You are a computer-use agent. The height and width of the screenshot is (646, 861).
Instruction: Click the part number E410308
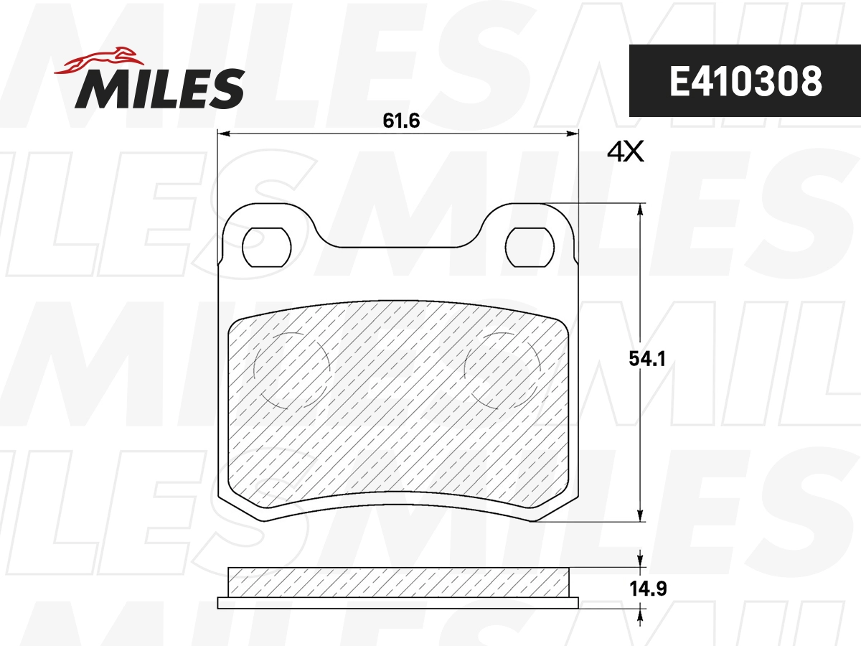pos(745,81)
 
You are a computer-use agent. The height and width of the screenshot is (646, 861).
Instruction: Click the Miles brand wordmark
pos(160,88)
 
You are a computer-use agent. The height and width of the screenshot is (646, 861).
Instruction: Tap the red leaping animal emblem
pos(99,61)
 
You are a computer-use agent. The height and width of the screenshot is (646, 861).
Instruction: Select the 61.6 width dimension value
pos(401,121)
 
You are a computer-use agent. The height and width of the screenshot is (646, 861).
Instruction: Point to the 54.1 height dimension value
pos(647,358)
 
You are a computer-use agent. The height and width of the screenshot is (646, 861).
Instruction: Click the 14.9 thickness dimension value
pos(648,589)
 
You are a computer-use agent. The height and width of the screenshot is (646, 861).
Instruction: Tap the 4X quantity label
pos(625,152)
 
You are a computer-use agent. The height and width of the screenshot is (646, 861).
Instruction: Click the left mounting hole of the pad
pos(267,248)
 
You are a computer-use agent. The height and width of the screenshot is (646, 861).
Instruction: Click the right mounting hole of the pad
pos(530,248)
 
